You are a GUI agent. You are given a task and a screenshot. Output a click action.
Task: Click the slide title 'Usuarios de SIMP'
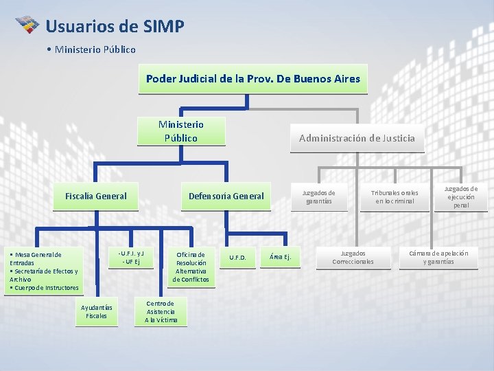coord(115,27)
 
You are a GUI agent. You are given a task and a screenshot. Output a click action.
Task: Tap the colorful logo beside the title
coord(27,26)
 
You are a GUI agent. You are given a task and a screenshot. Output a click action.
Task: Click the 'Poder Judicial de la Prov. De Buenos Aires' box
coord(252,78)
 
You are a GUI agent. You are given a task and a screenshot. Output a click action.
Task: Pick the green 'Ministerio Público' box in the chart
coord(181,131)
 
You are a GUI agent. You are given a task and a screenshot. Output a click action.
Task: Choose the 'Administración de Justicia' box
coord(357,138)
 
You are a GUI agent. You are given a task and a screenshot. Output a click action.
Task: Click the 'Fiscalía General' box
coord(96,196)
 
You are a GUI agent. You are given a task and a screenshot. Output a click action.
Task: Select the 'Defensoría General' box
coord(226,196)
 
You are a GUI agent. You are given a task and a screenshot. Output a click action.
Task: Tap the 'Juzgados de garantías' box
coord(319,197)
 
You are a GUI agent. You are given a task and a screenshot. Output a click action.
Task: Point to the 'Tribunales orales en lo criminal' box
coord(395,197)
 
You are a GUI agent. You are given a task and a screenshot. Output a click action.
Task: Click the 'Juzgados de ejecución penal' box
coord(461,196)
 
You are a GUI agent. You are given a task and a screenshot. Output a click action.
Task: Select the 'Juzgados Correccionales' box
coord(353,257)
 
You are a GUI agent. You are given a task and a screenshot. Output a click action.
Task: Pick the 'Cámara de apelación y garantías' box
coord(438,257)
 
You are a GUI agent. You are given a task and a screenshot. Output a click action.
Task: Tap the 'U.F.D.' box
coord(238,258)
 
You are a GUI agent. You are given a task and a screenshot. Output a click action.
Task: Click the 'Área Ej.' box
coord(280,257)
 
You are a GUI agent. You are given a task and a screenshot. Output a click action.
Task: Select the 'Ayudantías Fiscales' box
coord(97,311)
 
